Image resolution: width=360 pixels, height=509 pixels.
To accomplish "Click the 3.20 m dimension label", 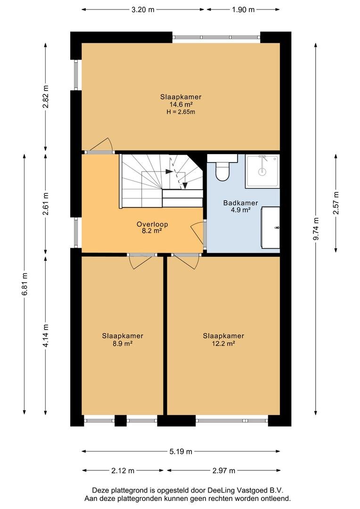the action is [143, 10].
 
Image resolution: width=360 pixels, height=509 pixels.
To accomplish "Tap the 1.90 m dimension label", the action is [243, 10].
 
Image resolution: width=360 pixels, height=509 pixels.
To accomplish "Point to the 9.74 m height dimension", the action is [315, 229].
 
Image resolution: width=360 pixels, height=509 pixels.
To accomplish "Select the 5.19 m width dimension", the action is [181, 451].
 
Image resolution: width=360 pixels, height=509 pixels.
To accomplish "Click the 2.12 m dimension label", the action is [123, 470].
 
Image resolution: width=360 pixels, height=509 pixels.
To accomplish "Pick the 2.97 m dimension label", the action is [224, 470].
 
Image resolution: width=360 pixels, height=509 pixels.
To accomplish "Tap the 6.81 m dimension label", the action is [25, 284].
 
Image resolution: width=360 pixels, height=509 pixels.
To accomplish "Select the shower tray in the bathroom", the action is [262, 171].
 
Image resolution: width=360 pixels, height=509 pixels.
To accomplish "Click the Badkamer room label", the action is [240, 203].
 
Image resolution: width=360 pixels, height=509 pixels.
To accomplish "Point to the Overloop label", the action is [152, 224].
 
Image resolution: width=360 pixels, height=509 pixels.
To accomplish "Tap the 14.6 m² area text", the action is [181, 104].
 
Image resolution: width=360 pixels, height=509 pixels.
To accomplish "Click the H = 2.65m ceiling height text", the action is [181, 112].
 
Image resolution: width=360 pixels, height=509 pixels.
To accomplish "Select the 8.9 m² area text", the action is [123, 344].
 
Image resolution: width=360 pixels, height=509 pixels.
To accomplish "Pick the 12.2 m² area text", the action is [223, 344].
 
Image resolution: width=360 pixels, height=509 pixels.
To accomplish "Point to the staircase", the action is [162, 181].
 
